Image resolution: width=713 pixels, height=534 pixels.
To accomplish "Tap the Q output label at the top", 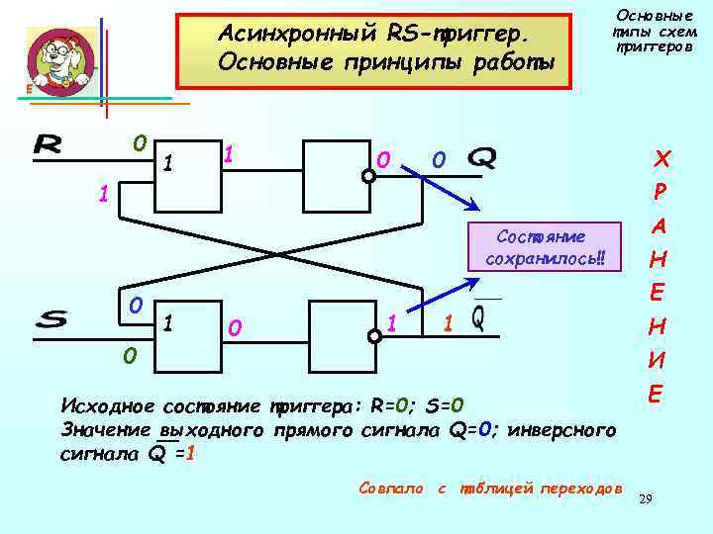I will [x=481, y=157].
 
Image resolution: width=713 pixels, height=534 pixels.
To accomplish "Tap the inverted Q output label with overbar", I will [x=478, y=318].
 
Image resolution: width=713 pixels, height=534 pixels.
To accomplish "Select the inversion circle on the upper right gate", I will [x=368, y=176].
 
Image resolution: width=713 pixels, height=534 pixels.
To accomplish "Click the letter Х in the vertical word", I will [x=662, y=158].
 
